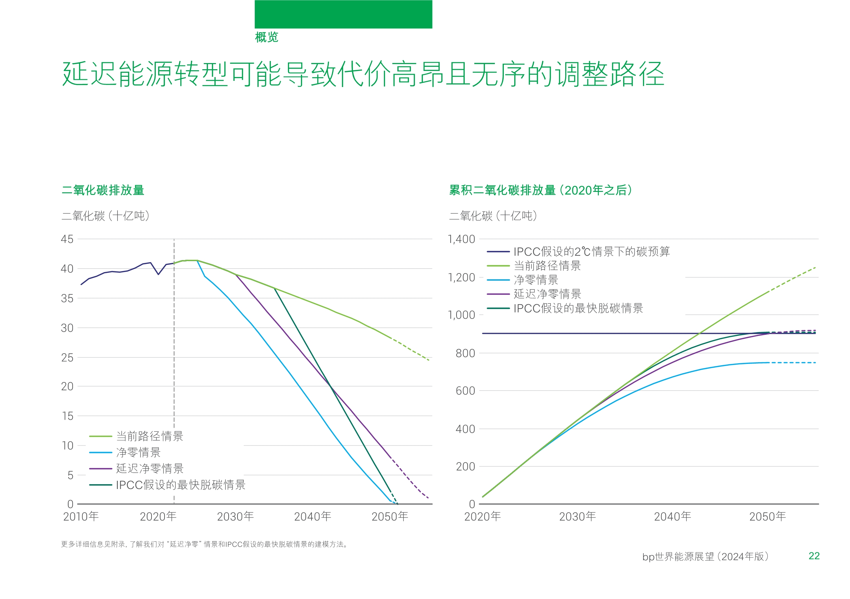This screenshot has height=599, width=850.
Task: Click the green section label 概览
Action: pyautogui.click(x=266, y=37)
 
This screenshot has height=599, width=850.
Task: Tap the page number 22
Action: pyautogui.click(x=814, y=556)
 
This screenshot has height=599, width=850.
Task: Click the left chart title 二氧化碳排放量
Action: pyautogui.click(x=102, y=190)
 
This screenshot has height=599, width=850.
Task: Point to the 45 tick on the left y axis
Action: pyautogui.click(x=67, y=239)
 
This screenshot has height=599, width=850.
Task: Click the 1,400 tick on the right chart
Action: pyautogui.click(x=461, y=239)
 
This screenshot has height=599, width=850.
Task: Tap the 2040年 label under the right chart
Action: pyautogui.click(x=672, y=516)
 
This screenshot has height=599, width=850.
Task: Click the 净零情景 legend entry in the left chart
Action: pyautogui.click(x=138, y=452)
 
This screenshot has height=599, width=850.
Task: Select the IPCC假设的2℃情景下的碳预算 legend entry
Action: pyautogui.click(x=591, y=252)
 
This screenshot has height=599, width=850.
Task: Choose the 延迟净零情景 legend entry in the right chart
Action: pyautogui.click(x=547, y=294)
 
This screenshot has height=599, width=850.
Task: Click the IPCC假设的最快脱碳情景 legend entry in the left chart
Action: pyautogui.click(x=180, y=485)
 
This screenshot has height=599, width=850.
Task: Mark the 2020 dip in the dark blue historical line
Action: pyautogui.click(x=158, y=274)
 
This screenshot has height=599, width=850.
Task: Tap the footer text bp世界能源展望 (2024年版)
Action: pyautogui.click(x=705, y=557)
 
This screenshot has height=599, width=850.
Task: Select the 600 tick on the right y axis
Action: pyautogui.click(x=465, y=391)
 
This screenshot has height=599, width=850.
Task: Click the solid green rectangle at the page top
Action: pyautogui.click(x=343, y=14)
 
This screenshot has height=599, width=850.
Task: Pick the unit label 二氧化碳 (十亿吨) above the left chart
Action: pyautogui.click(x=106, y=216)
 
